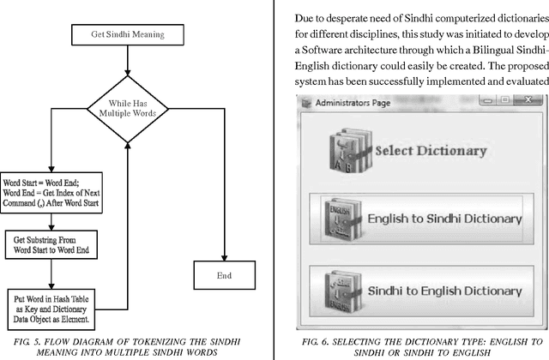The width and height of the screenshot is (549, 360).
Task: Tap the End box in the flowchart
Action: pos(224,276)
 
